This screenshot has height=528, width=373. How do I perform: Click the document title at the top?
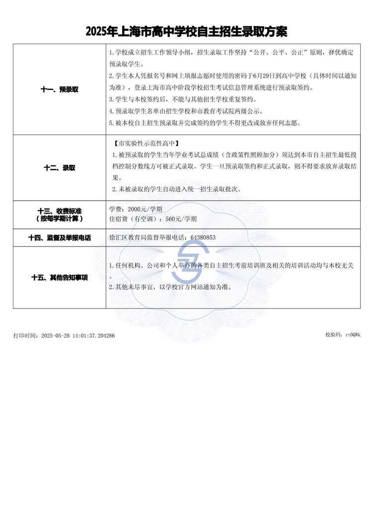[186, 32]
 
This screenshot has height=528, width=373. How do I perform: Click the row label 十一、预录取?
[59, 90]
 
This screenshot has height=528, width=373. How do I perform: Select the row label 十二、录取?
[59, 168]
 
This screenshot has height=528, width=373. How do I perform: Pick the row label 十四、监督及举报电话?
[59, 237]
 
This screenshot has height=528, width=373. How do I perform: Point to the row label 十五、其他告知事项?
[59, 278]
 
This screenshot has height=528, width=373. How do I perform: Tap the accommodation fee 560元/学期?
[181, 219]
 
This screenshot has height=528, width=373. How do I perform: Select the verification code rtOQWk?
[353, 335]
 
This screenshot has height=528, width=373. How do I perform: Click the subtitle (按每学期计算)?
[59, 219]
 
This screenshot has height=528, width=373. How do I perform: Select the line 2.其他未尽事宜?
[170, 287]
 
